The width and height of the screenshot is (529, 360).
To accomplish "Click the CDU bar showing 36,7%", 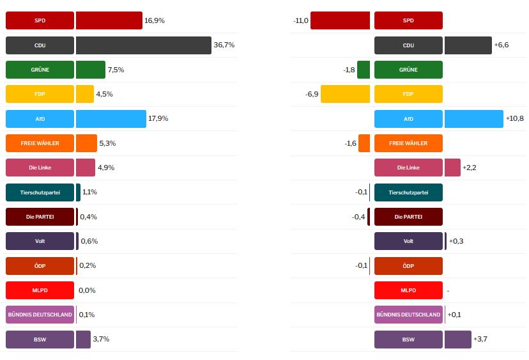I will [x=143, y=45].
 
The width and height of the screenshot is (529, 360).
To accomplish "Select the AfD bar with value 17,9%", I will [x=111, y=119].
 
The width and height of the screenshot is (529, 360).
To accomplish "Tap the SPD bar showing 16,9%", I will [x=109, y=20].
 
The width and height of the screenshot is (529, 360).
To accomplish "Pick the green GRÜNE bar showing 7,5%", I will [x=90, y=70].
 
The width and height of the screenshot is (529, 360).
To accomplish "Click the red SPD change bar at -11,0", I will [x=340, y=20].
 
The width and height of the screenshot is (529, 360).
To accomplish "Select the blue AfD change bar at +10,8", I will [x=473, y=119].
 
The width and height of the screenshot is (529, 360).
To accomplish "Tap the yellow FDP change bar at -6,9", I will [x=345, y=94].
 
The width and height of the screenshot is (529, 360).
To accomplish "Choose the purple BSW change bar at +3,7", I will [x=457, y=340].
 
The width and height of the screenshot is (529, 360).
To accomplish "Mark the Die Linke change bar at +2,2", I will [x=452, y=168].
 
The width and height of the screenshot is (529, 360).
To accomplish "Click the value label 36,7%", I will [x=224, y=45].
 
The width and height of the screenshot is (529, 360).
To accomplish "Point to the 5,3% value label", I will [x=107, y=143].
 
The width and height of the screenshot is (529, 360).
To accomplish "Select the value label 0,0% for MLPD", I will [x=87, y=290].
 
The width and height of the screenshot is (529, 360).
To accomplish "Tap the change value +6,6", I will [x=502, y=45].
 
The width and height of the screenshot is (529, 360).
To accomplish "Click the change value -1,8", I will [x=349, y=70].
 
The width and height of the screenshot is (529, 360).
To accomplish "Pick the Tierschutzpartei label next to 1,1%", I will [x=40, y=192].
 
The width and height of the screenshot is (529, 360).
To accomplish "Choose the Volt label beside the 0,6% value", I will [x=40, y=241].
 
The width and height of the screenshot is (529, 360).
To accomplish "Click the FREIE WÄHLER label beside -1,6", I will [x=408, y=143].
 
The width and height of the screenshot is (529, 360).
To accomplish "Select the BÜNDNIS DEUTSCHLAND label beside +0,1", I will [x=408, y=315].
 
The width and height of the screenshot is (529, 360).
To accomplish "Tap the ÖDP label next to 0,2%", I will [x=40, y=266].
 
